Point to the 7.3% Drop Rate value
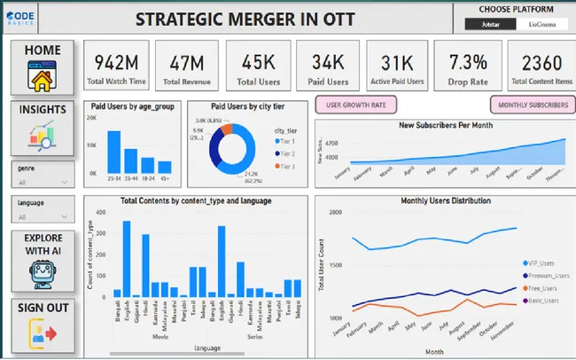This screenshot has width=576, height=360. pos(468,67)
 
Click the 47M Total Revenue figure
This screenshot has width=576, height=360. pos(186,67)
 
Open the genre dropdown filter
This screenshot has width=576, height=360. pos(42,180)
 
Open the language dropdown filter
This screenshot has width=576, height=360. pos(42,215)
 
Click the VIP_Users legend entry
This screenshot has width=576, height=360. pos(541,263)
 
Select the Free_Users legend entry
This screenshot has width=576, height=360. pos(541,288)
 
